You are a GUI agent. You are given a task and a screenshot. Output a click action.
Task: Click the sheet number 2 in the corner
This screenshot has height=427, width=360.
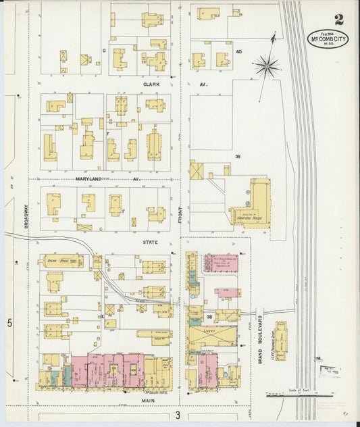click(338, 20)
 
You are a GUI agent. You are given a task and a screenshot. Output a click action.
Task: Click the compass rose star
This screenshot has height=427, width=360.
click(267, 66)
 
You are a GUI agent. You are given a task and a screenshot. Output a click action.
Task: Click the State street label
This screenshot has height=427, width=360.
click(150, 242)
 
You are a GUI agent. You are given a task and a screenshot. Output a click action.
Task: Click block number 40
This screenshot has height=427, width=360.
click(238, 51)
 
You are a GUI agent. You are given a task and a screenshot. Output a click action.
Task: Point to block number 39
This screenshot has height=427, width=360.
click(237, 156)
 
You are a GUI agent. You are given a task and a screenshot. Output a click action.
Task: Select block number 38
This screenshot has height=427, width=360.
click(209, 316)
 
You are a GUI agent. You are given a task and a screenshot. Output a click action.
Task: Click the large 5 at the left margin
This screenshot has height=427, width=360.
click(10, 324)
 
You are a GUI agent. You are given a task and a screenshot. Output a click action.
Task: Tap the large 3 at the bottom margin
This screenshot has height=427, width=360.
click(178, 414)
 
